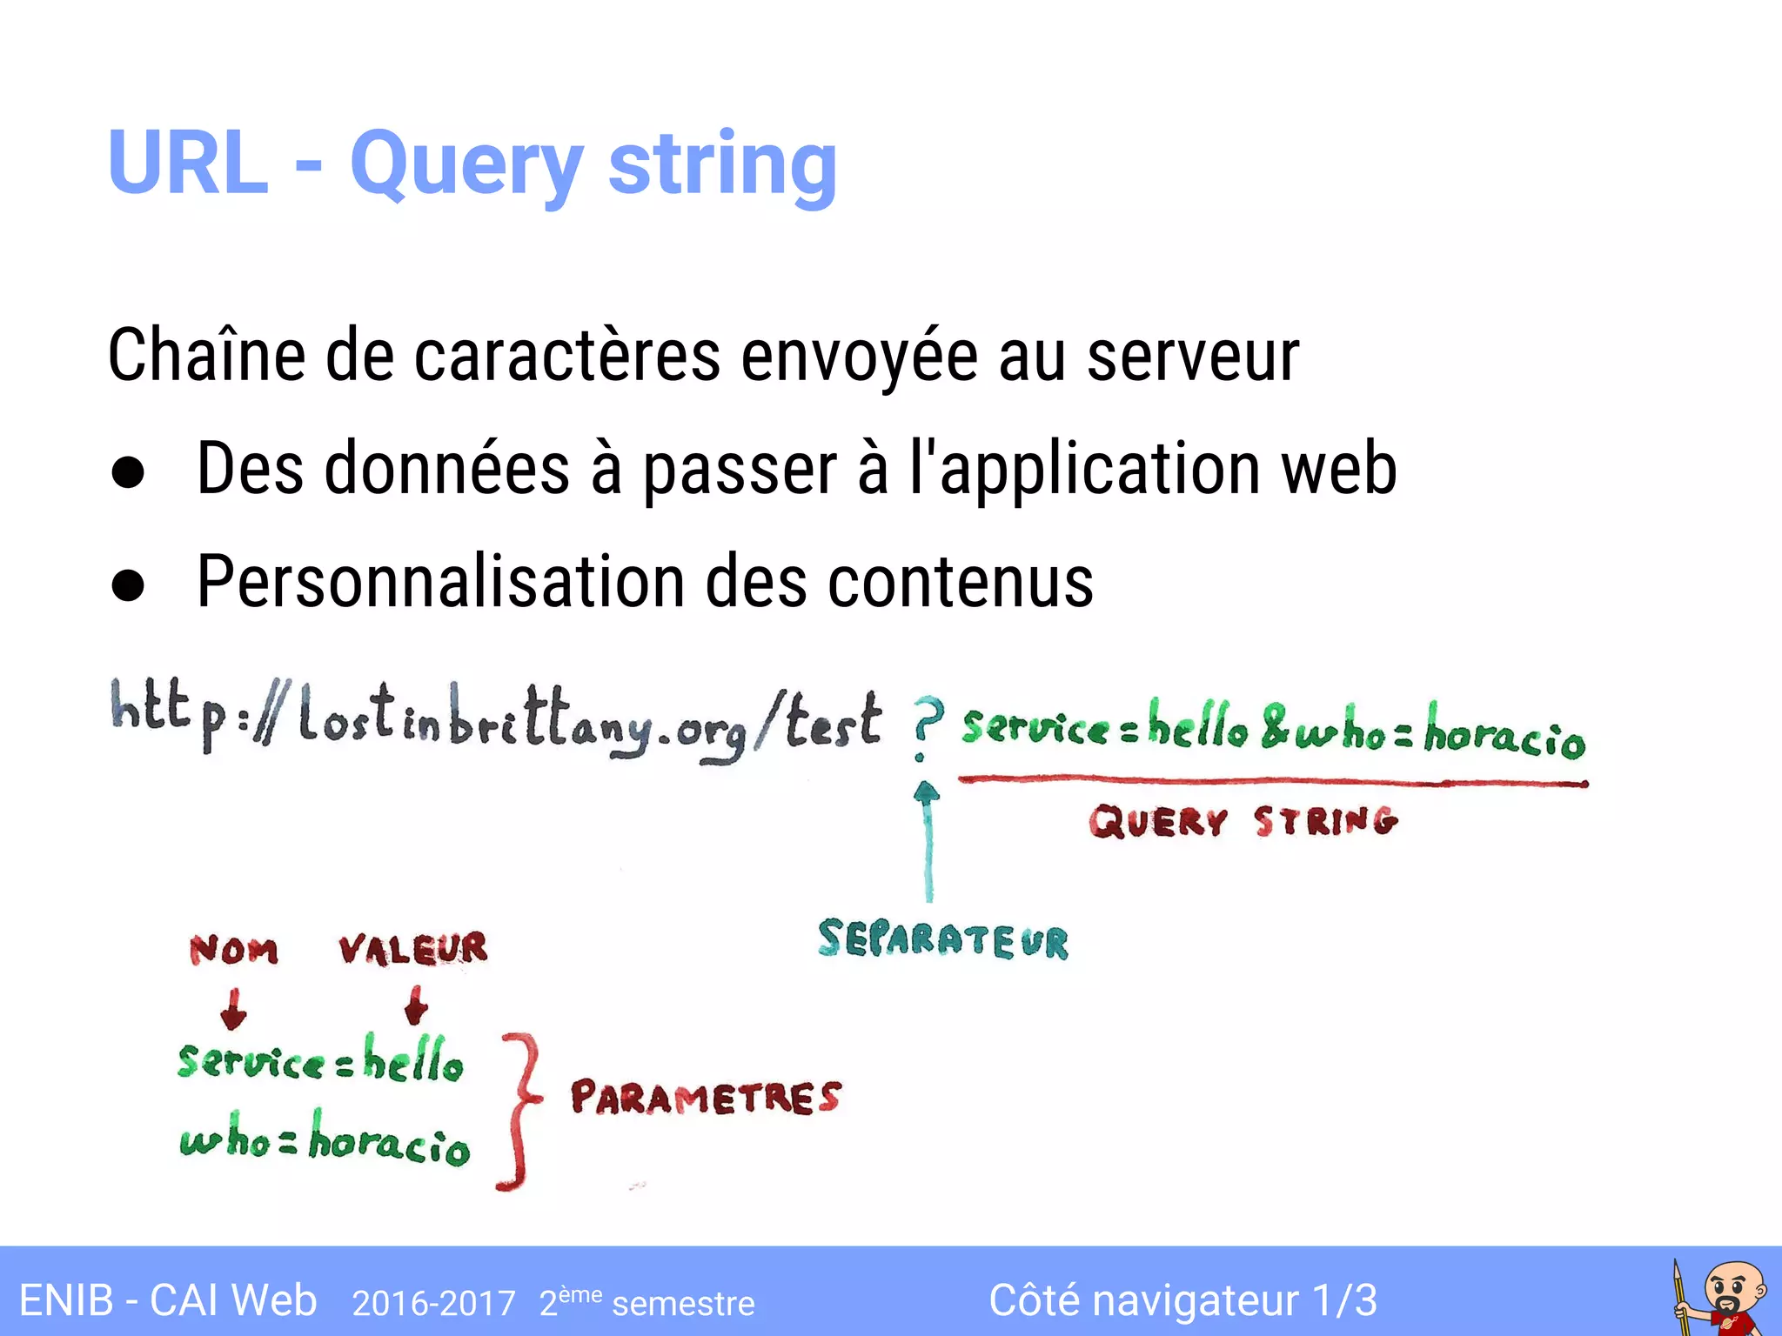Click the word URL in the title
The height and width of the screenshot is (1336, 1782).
point(188,163)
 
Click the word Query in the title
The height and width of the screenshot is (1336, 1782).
point(466,165)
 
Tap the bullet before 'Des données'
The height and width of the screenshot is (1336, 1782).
point(129,472)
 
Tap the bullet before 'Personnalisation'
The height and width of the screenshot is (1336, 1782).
point(129,585)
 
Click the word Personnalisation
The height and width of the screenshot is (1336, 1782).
point(440,581)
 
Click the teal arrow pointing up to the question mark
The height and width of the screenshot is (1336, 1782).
point(928,839)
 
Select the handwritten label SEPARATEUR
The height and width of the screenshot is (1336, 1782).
point(943,940)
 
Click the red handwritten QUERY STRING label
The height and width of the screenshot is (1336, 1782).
point(1243,821)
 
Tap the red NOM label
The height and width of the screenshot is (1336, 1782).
point(233,950)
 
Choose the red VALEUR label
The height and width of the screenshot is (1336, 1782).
point(413,948)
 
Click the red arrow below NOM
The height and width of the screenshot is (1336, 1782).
point(233,1009)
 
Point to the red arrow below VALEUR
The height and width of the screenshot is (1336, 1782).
point(416,1005)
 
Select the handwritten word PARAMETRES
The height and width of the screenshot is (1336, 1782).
point(706,1098)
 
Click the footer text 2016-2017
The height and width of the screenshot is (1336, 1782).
point(433,1303)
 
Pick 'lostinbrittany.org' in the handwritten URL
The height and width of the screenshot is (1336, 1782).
point(522,724)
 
